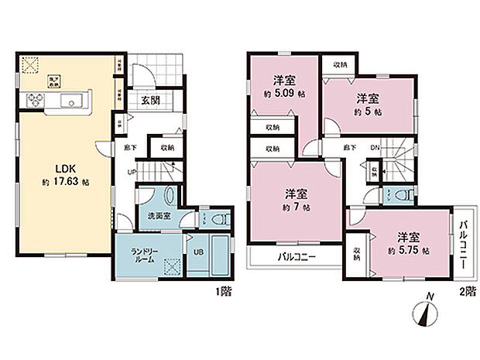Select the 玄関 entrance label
150,100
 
